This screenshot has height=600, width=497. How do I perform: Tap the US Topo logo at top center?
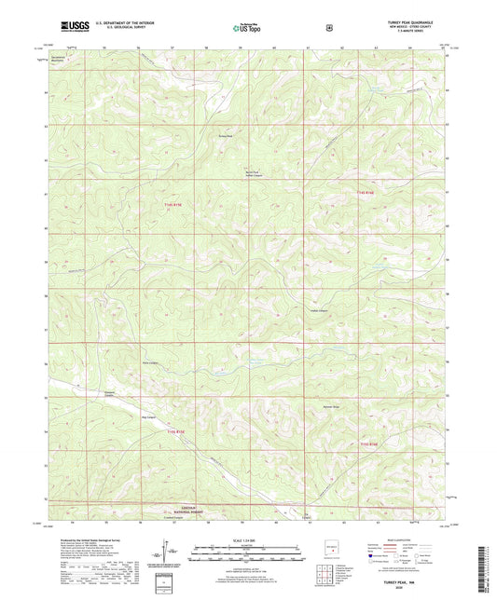(x=248, y=28)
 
